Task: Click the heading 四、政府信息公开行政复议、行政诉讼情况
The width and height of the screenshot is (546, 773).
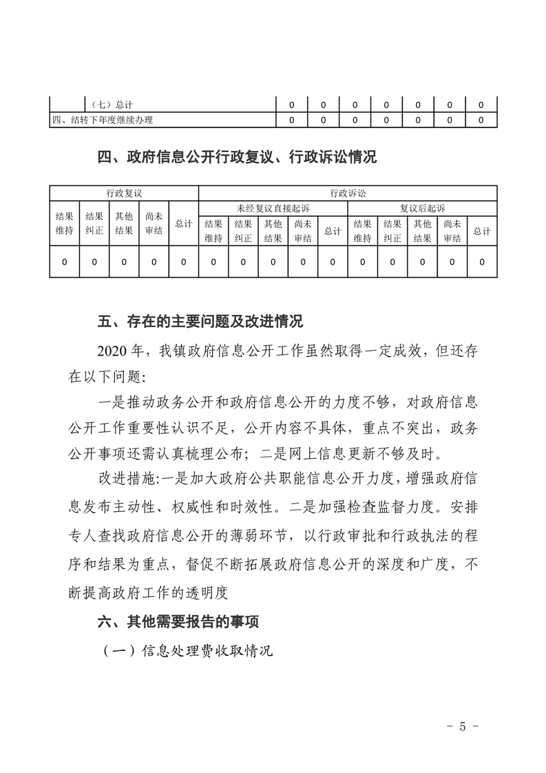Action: (x=238, y=157)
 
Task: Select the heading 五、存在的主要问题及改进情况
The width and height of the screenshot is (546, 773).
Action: (x=200, y=321)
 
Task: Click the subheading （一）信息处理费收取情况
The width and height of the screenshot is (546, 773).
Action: (x=187, y=650)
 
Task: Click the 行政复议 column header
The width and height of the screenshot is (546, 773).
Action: (x=124, y=193)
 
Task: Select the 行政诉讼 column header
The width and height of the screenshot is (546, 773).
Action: (x=347, y=193)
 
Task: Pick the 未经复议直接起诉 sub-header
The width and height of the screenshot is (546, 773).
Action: (x=273, y=208)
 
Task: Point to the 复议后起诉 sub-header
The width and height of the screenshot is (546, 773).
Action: (x=422, y=208)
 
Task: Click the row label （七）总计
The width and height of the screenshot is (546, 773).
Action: (x=111, y=105)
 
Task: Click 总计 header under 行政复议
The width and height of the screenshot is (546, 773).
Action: (x=183, y=223)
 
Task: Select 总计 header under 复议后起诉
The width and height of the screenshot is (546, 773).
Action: (x=482, y=231)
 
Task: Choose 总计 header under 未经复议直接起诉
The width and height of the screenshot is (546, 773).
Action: (x=333, y=231)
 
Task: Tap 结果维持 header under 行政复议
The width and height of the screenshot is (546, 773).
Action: (x=64, y=223)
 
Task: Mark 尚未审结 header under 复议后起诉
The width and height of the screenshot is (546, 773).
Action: (x=452, y=231)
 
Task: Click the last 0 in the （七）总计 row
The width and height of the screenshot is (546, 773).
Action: (x=481, y=105)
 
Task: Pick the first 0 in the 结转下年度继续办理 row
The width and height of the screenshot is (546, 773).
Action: (x=291, y=121)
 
